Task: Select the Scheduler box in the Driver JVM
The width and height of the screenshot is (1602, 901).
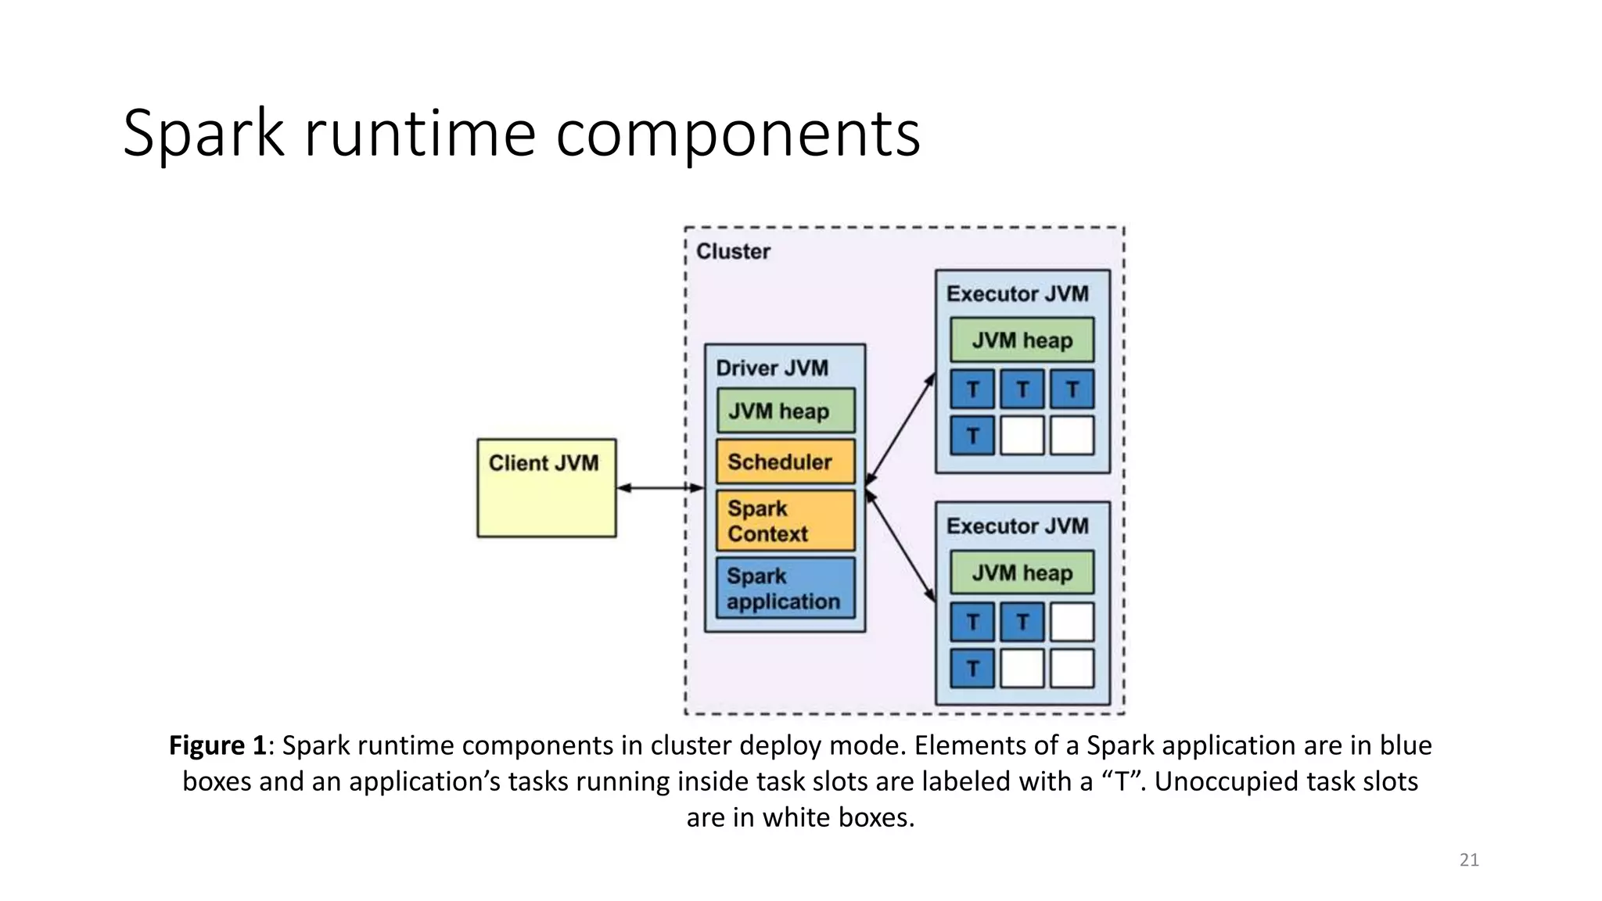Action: pyautogui.click(x=785, y=461)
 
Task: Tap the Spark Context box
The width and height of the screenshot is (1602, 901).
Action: pyautogui.click(x=785, y=521)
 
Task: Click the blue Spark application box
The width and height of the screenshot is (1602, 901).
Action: pyautogui.click(x=785, y=588)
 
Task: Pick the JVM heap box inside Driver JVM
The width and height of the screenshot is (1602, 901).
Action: pyautogui.click(x=785, y=411)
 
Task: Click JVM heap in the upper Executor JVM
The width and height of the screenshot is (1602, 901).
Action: pyautogui.click(x=1022, y=340)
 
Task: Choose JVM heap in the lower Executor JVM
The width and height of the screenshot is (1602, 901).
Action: pyautogui.click(x=1022, y=573)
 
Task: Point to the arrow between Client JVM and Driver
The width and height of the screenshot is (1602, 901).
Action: pyautogui.click(x=659, y=488)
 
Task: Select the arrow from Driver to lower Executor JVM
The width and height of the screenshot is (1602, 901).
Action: pyautogui.click(x=900, y=547)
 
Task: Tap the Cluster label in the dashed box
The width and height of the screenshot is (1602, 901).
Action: pyautogui.click(x=733, y=252)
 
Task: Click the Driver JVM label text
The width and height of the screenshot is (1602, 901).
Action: pyautogui.click(x=771, y=368)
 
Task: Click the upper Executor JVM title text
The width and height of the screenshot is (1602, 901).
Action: pyautogui.click(x=1017, y=294)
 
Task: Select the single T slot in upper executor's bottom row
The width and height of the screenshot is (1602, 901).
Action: pyautogui.click(x=972, y=436)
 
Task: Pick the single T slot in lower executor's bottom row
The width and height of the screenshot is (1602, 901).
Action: pyautogui.click(x=972, y=669)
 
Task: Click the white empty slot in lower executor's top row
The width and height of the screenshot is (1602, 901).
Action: pyautogui.click(x=1072, y=622)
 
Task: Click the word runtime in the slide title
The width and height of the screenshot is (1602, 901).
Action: pyautogui.click(x=419, y=133)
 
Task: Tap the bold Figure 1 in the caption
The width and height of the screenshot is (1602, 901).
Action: pyautogui.click(x=217, y=745)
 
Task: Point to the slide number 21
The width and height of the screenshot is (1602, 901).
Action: pyautogui.click(x=1468, y=860)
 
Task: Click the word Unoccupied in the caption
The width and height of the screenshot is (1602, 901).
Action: pyautogui.click(x=1209, y=781)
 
